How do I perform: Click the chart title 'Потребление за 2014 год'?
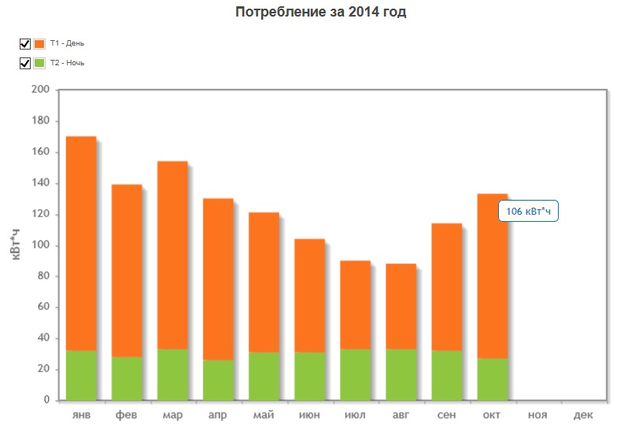[x=321, y=13]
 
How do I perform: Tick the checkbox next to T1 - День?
[x=24, y=44]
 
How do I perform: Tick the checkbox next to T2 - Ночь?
[x=24, y=63]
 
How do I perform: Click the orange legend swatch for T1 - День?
[x=39, y=44]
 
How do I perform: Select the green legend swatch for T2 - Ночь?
[x=39, y=63]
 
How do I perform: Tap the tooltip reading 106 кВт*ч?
[x=529, y=212]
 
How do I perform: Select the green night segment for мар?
[x=172, y=374]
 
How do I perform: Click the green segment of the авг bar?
[x=401, y=374]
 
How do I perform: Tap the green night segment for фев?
[x=127, y=378]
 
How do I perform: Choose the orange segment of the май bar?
[x=264, y=282]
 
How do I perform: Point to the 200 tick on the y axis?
[x=42, y=90]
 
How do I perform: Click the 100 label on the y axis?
[x=42, y=245]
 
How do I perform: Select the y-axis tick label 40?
[x=44, y=338]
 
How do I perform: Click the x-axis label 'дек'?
[x=583, y=414]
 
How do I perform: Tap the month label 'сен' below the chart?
[x=446, y=414]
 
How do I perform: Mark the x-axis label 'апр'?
[x=218, y=414]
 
